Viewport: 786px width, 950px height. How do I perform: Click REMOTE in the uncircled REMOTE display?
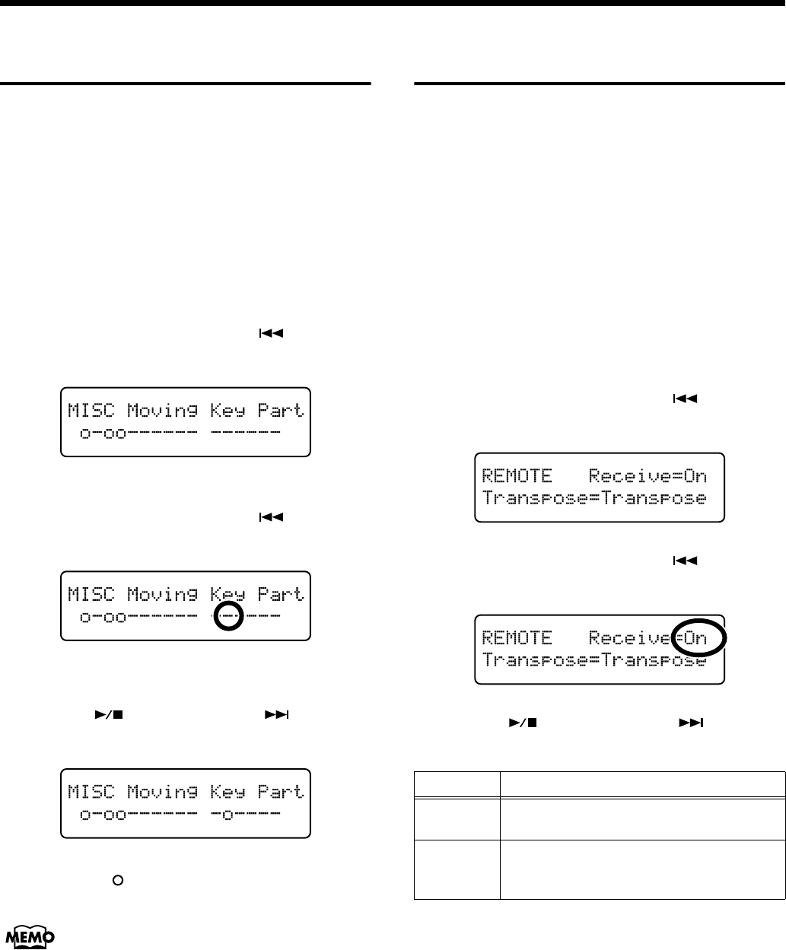(x=517, y=477)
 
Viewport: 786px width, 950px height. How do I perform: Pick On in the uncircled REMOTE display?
(x=695, y=477)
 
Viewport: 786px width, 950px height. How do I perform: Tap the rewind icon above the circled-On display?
(x=686, y=561)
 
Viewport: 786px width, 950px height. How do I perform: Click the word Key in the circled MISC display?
(x=228, y=594)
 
